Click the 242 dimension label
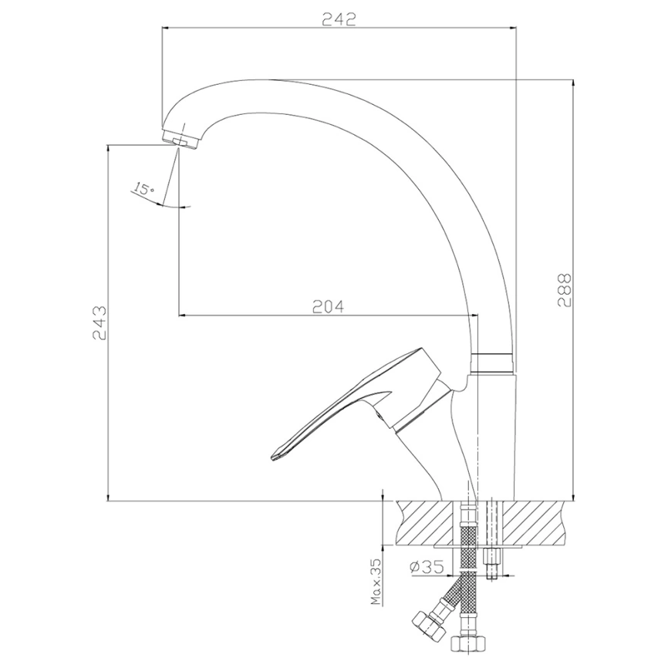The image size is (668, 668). coord(339,19)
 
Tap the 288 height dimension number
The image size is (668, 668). coord(565,290)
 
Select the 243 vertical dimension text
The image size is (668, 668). coord(100,322)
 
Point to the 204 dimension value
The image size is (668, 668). coord(328,306)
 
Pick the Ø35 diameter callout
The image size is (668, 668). coord(427,566)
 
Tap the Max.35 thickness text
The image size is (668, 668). coord(376,582)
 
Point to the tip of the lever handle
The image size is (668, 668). coord(272,458)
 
